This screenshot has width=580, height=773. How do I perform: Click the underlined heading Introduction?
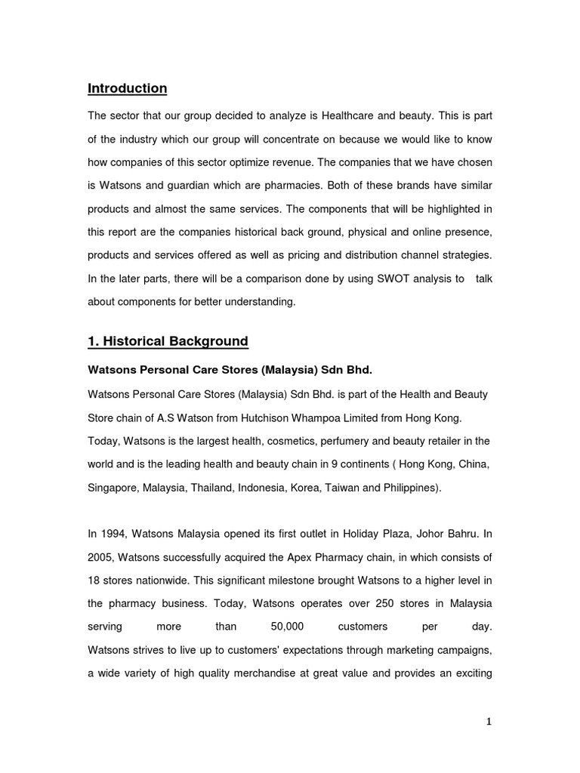127,88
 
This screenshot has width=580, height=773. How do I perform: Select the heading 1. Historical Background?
168,341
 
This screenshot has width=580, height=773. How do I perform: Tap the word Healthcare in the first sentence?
350,116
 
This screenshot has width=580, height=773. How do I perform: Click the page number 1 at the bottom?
489,722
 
